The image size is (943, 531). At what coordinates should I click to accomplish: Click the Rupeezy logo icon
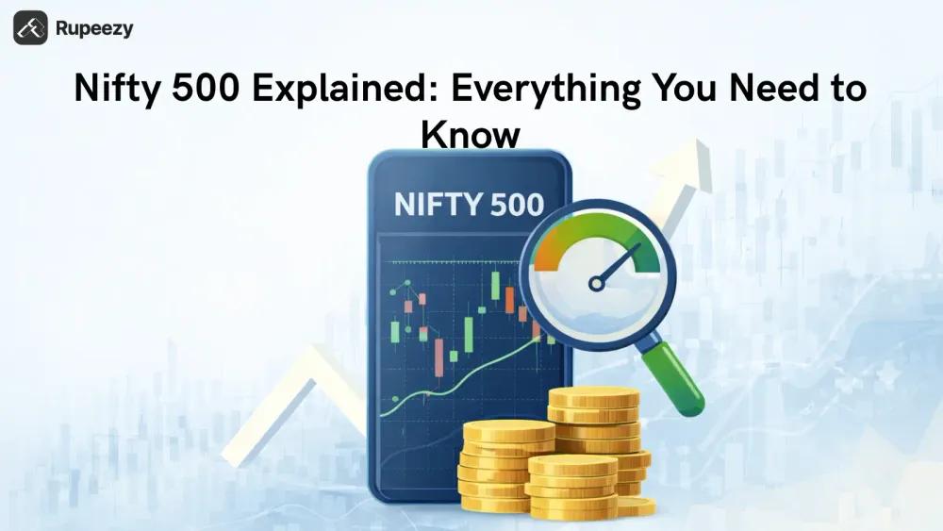(30, 27)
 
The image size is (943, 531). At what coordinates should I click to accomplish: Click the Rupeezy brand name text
(94, 28)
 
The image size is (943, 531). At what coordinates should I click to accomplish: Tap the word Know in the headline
(471, 135)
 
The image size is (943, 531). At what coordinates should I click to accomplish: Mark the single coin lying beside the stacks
(637, 506)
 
